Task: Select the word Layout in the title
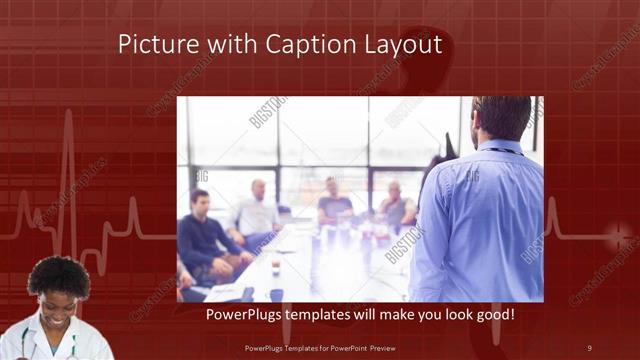(x=403, y=46)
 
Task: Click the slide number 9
(x=588, y=347)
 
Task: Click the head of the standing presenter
(x=501, y=118)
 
